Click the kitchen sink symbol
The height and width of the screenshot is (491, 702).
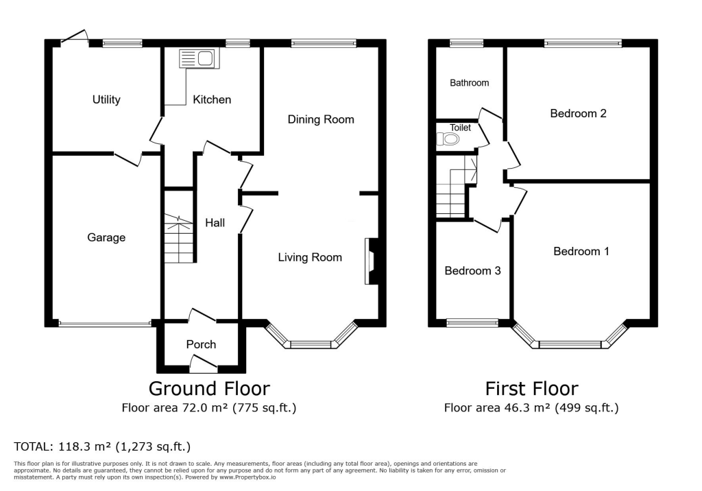point(197,59)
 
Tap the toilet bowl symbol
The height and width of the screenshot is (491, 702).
point(448,139)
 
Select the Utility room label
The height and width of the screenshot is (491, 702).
point(106,99)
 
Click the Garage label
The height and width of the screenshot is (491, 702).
point(106,237)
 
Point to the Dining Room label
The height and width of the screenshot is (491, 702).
point(321,119)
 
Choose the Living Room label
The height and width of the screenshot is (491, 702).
point(310,257)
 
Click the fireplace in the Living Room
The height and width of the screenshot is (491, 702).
point(371,261)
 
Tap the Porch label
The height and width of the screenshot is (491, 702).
point(201,344)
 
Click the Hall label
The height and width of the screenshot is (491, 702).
point(215,222)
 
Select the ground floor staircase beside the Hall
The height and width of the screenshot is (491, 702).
point(179,238)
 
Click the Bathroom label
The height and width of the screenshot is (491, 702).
point(470,83)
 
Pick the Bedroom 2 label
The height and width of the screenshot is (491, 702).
point(578,113)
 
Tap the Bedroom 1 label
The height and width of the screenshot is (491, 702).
point(581,252)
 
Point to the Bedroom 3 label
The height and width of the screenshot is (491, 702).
point(472,271)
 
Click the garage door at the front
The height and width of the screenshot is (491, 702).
point(104,324)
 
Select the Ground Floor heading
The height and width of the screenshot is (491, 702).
point(209,389)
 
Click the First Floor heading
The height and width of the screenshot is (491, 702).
point(531,389)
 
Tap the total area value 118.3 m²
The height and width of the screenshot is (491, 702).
point(93,447)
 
